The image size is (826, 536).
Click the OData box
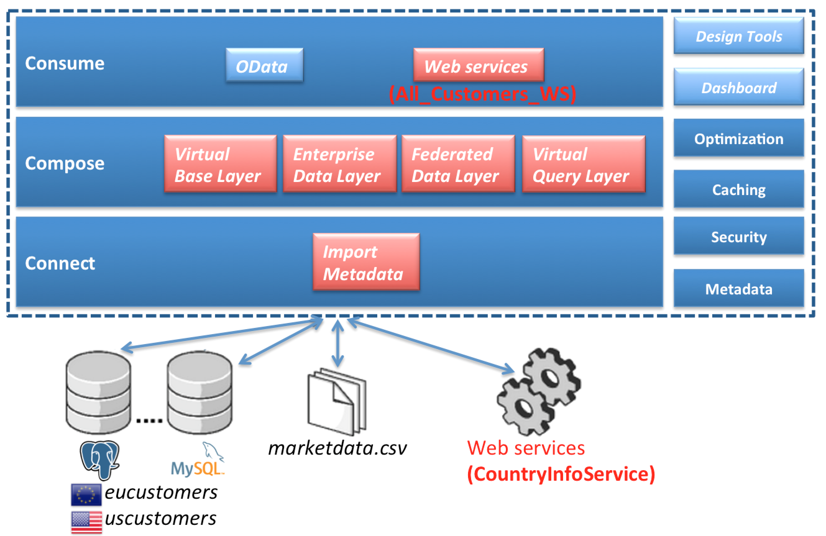click(x=264, y=65)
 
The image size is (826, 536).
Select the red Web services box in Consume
click(x=478, y=65)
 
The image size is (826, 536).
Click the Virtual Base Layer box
click(x=220, y=164)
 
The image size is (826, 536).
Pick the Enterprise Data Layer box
click(x=339, y=164)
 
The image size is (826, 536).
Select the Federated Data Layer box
click(x=458, y=164)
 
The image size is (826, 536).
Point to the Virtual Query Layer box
click(x=583, y=164)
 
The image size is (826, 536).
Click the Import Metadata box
click(x=366, y=262)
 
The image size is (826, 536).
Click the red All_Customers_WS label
click(x=482, y=94)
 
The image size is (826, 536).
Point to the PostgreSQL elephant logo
click(x=100, y=459)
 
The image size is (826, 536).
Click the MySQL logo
click(x=198, y=460)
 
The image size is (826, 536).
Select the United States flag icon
click(x=86, y=521)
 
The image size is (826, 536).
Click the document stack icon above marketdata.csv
click(x=337, y=402)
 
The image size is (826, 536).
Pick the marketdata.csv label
click(x=337, y=448)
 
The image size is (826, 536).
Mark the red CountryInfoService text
click(x=561, y=474)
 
